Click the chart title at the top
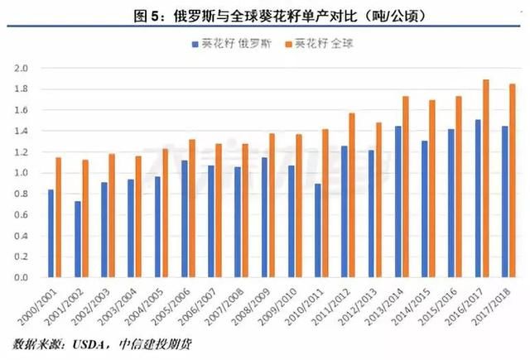click(x=264, y=15)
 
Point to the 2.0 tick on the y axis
click(x=22, y=68)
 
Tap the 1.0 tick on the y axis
click(x=22, y=173)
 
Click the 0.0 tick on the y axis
click(x=22, y=278)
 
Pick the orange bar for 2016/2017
click(x=486, y=179)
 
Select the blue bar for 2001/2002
click(x=78, y=239)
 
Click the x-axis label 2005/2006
click(x=177, y=307)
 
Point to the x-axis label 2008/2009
click(x=258, y=307)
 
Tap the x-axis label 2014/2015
click(x=417, y=307)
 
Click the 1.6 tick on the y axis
click(x=22, y=110)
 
